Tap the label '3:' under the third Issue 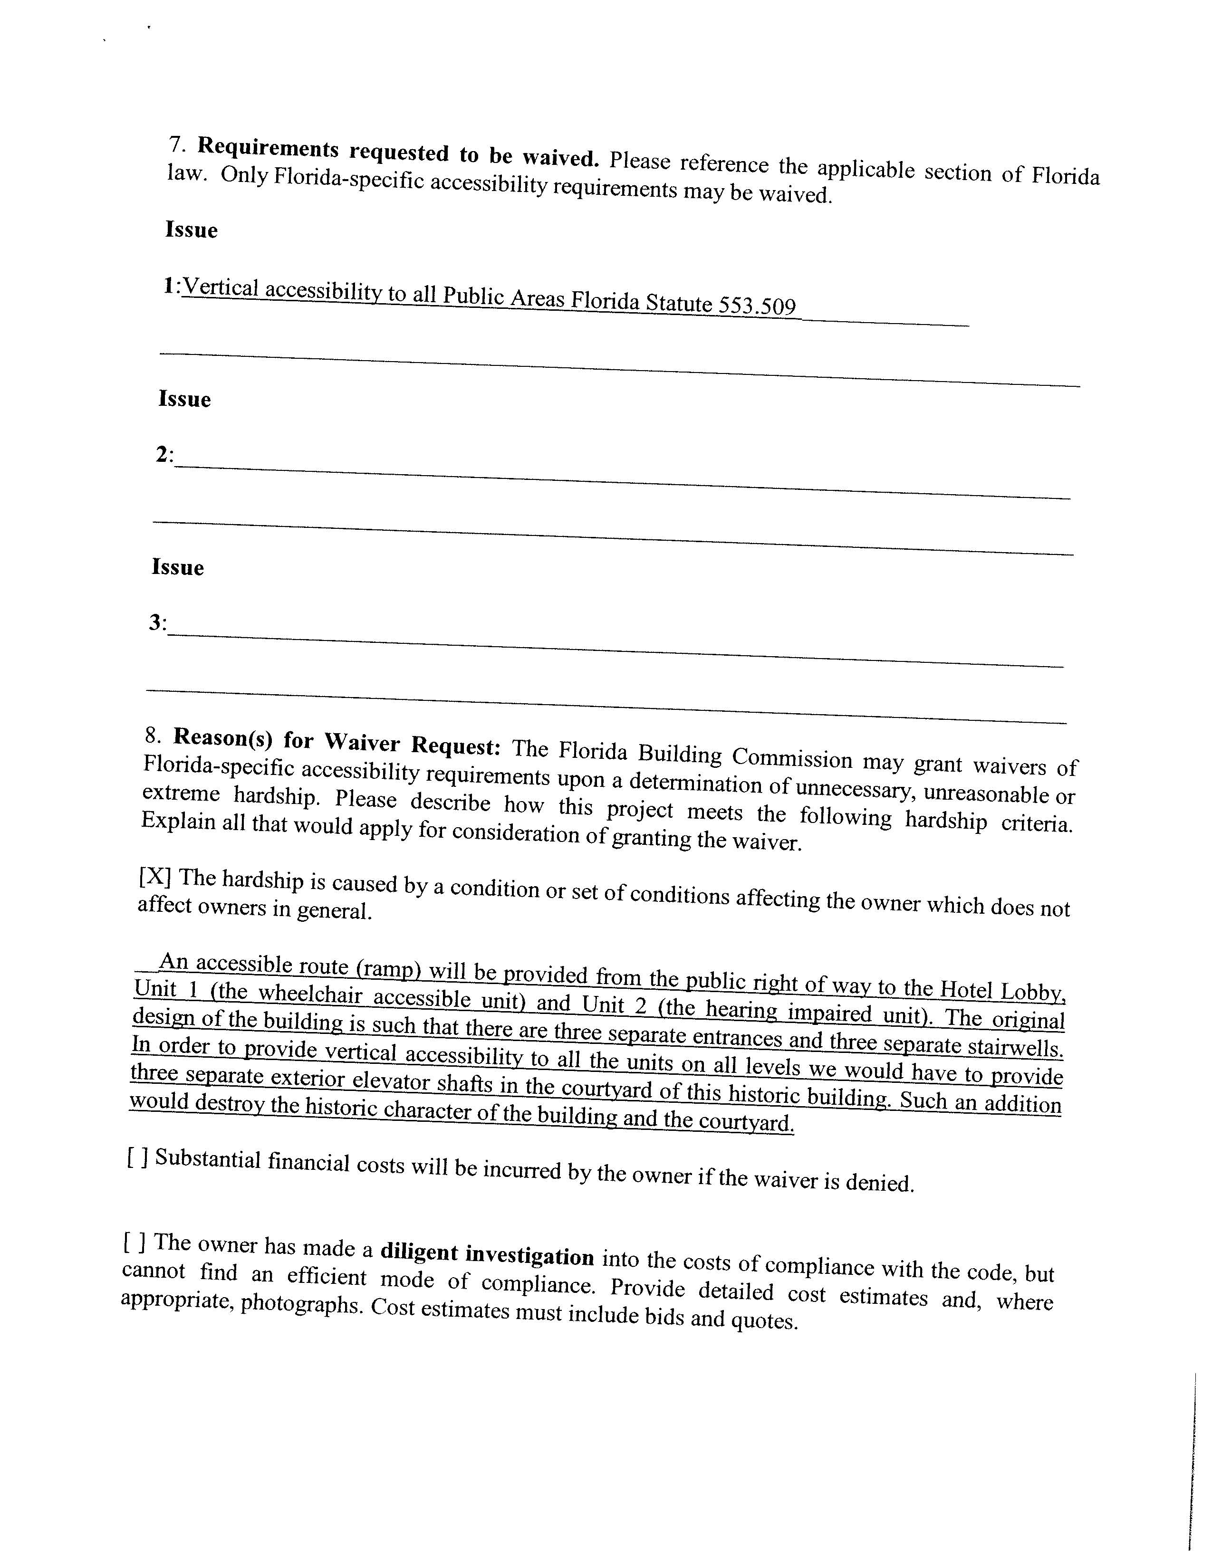point(157,622)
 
